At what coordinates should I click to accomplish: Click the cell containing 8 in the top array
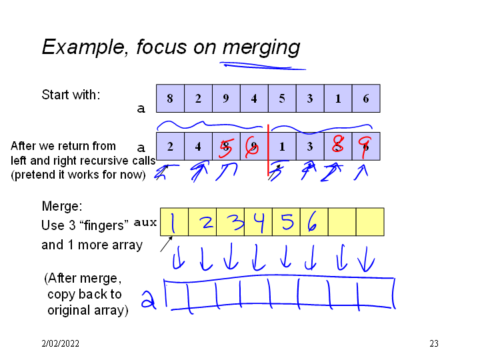pyautogui.click(x=170, y=98)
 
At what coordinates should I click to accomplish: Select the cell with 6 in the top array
pyautogui.click(x=366, y=98)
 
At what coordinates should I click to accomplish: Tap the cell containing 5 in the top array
pyautogui.click(x=282, y=98)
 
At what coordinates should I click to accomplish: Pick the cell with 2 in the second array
pyautogui.click(x=170, y=147)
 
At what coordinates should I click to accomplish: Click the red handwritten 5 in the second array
pyautogui.click(x=225, y=147)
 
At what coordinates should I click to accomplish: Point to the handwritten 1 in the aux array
pyautogui.click(x=173, y=222)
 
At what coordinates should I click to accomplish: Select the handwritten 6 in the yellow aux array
pyautogui.click(x=312, y=222)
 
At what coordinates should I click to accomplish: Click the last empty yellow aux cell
pyautogui.click(x=370, y=222)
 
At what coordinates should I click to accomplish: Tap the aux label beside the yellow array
pyautogui.click(x=145, y=222)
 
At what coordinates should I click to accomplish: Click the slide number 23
pyautogui.click(x=434, y=344)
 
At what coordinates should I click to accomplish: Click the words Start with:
pyautogui.click(x=71, y=95)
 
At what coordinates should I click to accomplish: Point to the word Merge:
pyautogui.click(x=61, y=207)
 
